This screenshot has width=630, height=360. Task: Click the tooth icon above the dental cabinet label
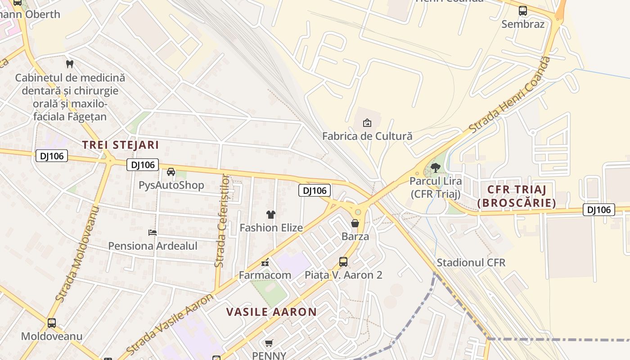69,64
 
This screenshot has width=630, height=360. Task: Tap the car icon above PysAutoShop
171,172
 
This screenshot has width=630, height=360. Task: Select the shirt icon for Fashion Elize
270,214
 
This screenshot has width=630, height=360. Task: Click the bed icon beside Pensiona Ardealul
153,233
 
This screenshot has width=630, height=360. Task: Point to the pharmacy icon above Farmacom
265,262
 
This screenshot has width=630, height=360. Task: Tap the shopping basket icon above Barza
355,223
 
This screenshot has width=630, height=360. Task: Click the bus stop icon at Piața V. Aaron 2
343,261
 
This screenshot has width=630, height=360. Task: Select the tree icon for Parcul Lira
435,168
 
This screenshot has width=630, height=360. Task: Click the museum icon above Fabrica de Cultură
367,122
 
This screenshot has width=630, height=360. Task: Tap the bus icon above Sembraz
523,11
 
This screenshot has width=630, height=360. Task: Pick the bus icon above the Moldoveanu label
52,323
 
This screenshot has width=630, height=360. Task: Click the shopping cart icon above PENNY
269,343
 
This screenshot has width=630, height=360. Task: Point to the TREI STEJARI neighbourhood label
121,145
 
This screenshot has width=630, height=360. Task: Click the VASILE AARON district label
271,312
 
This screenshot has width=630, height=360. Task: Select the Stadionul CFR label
471,262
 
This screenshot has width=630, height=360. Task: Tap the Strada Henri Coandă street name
509,95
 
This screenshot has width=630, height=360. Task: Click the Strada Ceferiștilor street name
222,220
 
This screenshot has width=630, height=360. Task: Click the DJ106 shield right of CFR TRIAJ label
599,209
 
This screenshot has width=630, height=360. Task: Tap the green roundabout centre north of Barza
358,212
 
